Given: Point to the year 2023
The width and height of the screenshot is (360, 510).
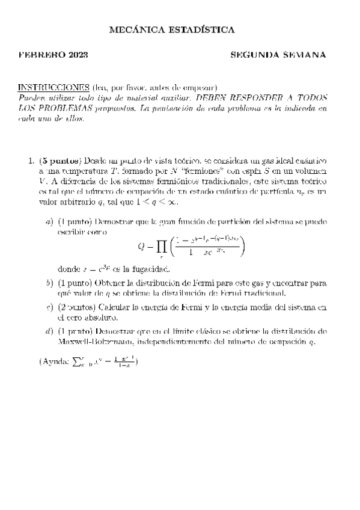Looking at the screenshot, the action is point(78,55).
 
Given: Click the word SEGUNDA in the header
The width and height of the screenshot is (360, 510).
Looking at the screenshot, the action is point(257,55).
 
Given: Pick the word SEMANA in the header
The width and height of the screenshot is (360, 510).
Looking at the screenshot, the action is point(306,55).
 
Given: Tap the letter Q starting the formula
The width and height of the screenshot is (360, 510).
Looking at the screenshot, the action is point(142,246).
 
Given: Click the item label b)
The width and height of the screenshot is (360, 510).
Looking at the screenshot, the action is point(49,283).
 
